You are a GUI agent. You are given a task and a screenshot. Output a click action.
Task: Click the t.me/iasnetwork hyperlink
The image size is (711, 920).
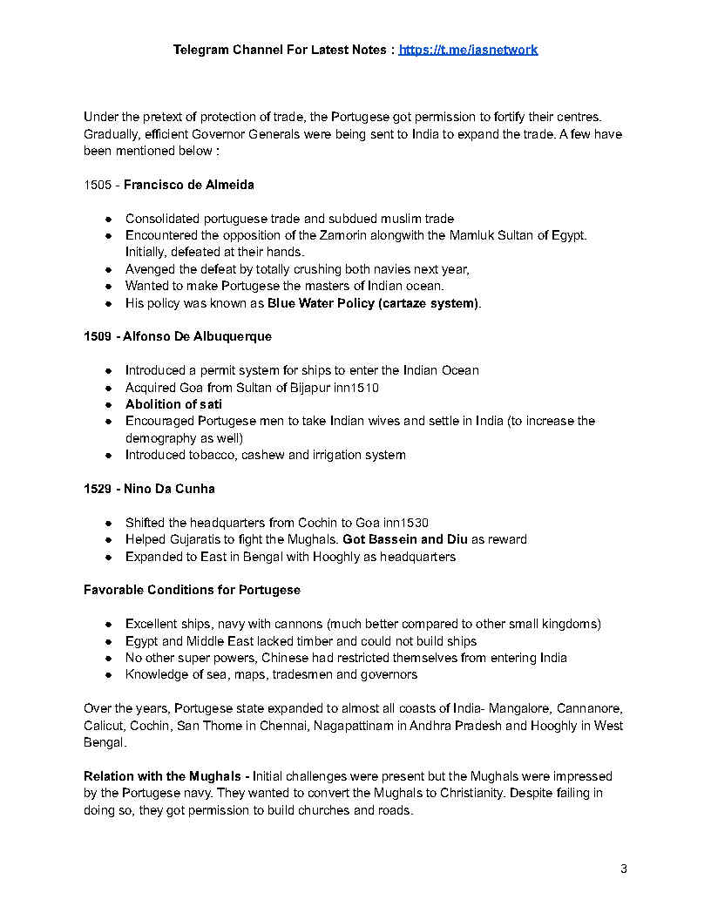point(468,50)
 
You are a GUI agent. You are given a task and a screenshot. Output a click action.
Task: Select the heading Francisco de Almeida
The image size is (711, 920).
point(189,185)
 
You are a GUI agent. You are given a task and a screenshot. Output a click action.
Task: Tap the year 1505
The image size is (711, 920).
point(98,185)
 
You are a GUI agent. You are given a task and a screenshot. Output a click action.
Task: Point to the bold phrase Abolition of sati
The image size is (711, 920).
point(173,404)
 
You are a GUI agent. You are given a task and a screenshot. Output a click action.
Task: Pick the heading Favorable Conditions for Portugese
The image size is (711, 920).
point(192,590)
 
